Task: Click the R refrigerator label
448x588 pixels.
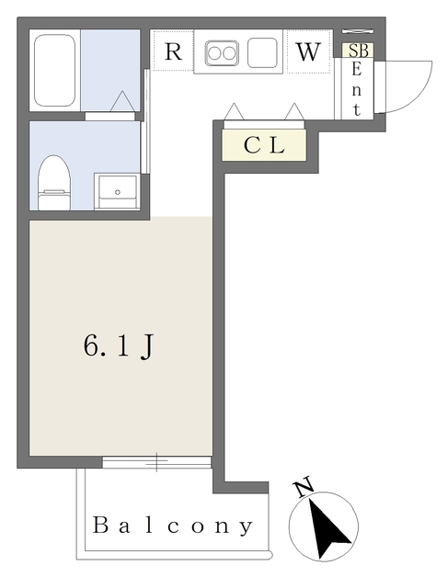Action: click(173, 52)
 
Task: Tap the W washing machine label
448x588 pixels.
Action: click(308, 52)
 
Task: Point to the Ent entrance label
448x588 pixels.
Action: click(358, 90)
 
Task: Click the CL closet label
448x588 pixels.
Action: click(265, 145)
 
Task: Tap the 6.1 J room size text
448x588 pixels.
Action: click(118, 345)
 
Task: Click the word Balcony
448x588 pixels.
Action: click(172, 526)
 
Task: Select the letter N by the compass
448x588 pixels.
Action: click(304, 488)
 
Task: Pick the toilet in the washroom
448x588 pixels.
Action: click(53, 182)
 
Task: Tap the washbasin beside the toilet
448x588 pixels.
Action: click(118, 188)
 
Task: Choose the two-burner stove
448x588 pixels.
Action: click(222, 52)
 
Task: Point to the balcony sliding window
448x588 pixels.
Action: click(157, 462)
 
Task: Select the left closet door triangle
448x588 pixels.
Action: click(234, 111)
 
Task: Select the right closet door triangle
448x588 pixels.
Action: click(295, 111)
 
